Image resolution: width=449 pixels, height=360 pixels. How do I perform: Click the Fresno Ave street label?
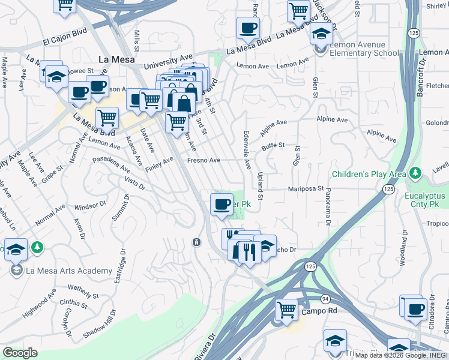click(204, 160)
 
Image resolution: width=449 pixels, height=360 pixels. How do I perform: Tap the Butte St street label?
click(273, 145)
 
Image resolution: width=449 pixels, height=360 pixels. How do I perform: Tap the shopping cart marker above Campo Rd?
click(287, 310)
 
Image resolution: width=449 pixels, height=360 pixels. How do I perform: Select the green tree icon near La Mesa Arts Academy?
click(38, 247)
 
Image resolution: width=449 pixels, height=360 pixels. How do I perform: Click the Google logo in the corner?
click(20, 353)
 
